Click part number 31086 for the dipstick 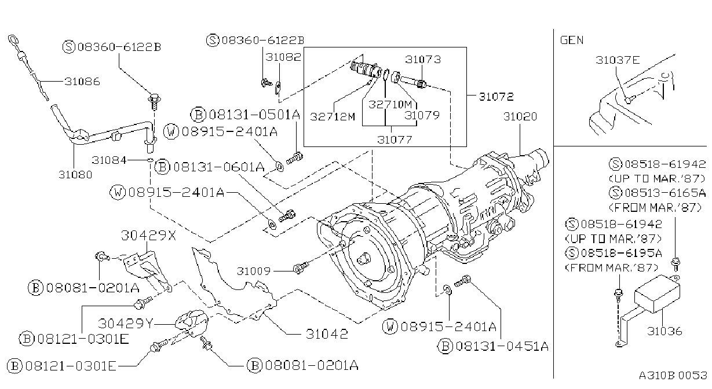click(x=82, y=82)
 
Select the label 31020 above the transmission click(x=520, y=117)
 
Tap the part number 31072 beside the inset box click(x=496, y=97)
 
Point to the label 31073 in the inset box click(x=423, y=60)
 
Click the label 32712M click(x=332, y=117)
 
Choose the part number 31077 click(x=395, y=140)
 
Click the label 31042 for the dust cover click(x=327, y=334)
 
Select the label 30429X click(x=148, y=236)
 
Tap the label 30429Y click(x=126, y=324)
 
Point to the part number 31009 click(x=254, y=271)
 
